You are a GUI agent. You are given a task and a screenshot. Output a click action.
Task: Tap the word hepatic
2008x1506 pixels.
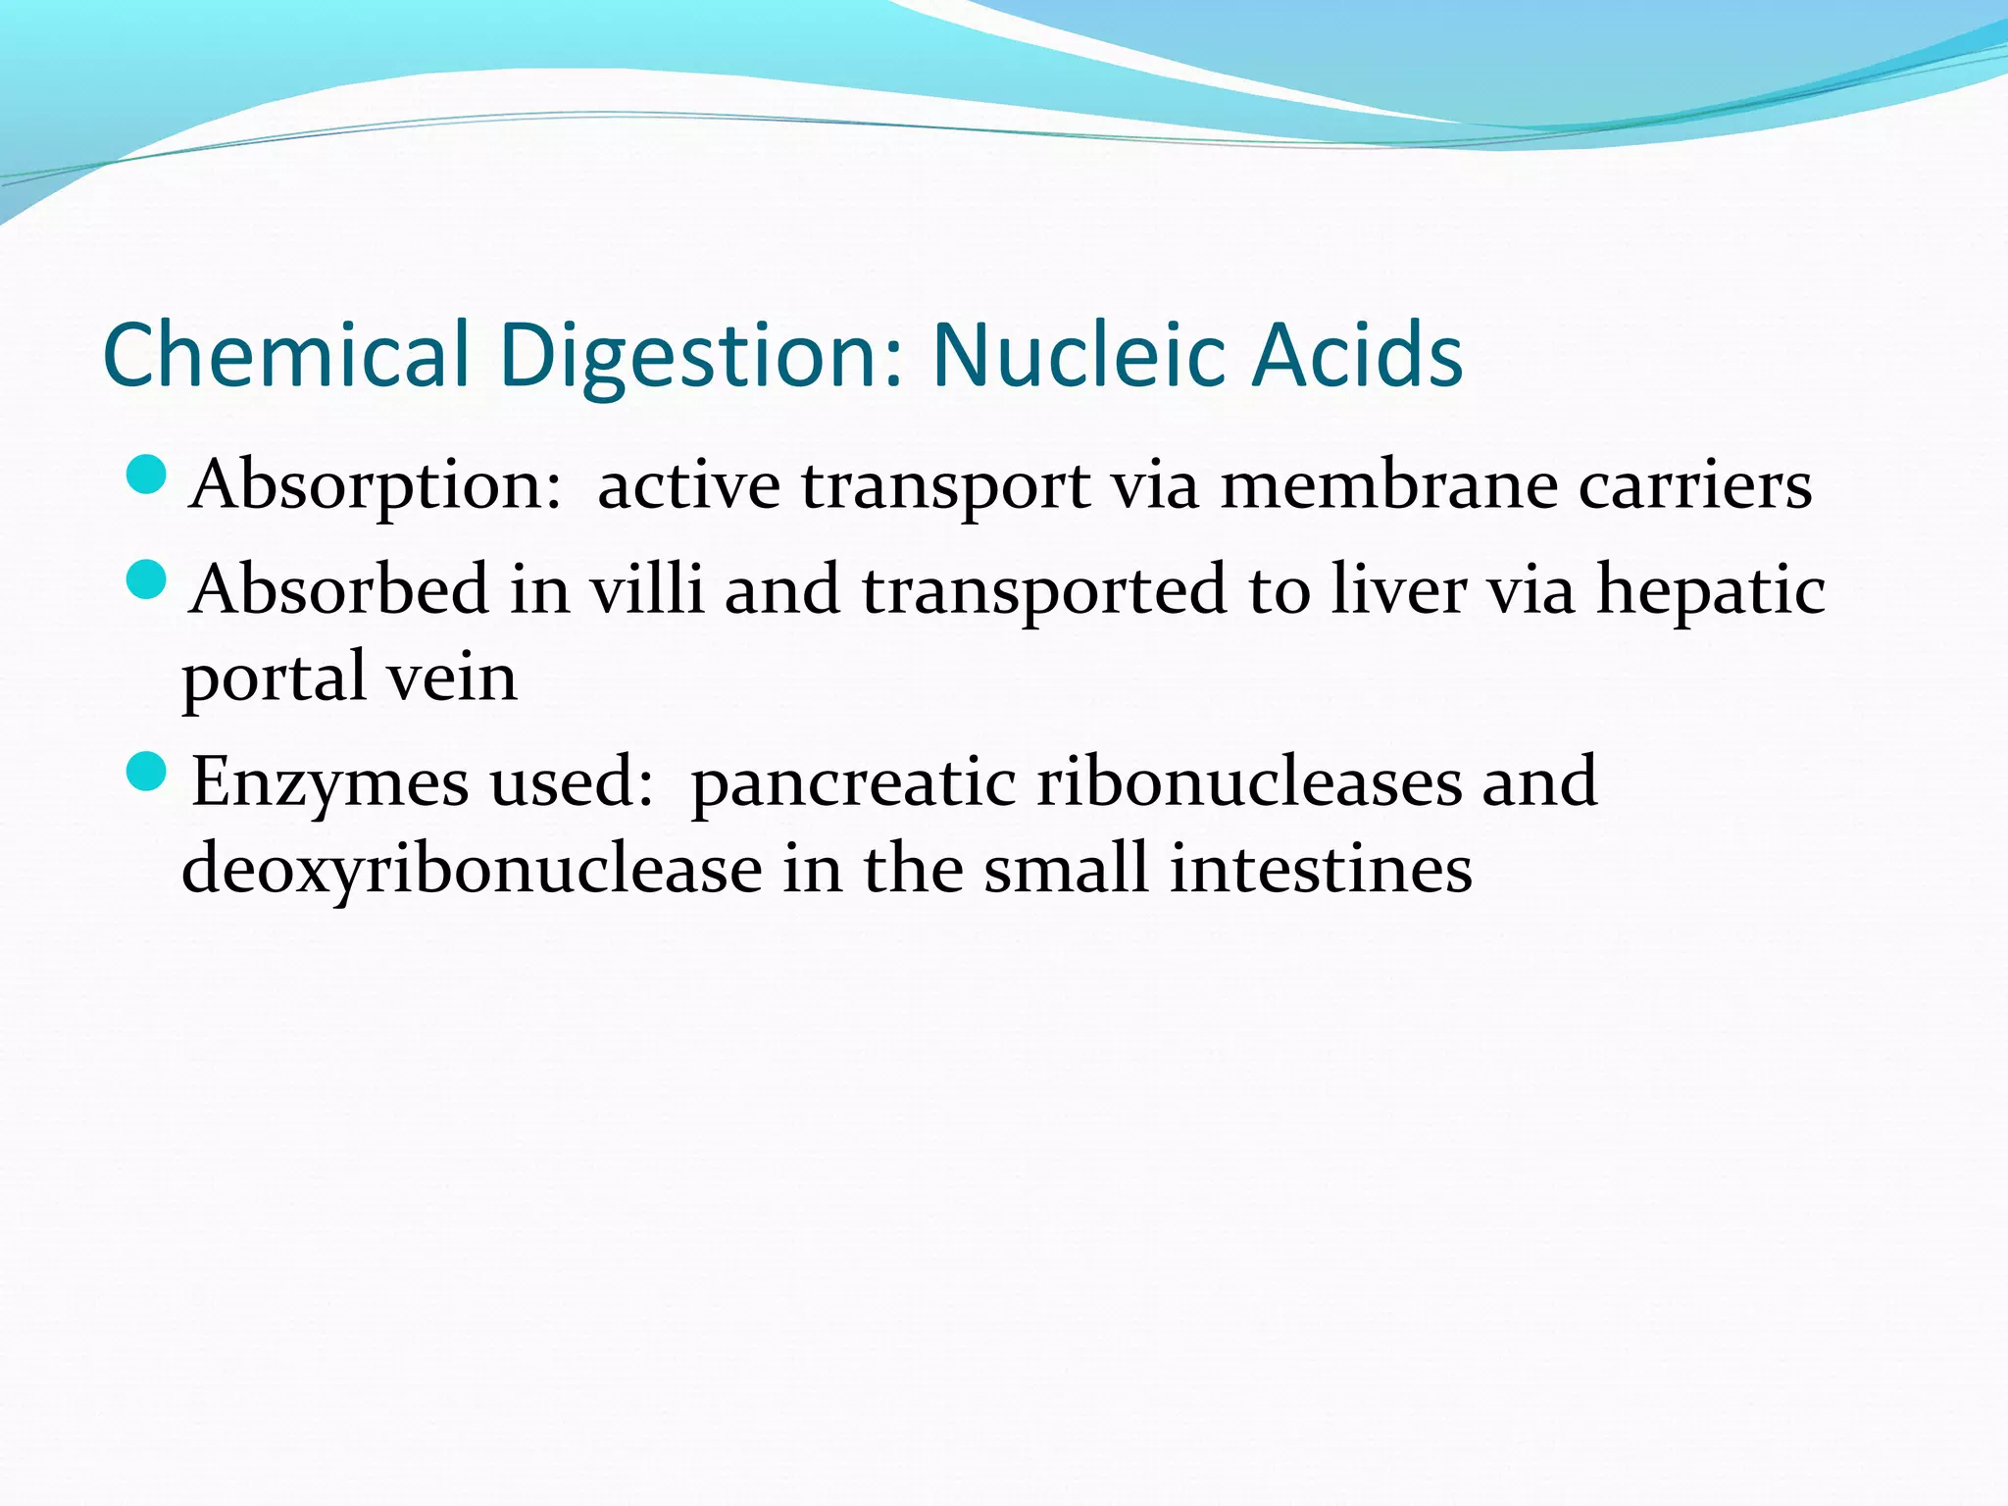(x=1711, y=592)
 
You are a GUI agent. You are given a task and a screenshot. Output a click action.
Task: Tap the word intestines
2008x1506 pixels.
(x=1321, y=869)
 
